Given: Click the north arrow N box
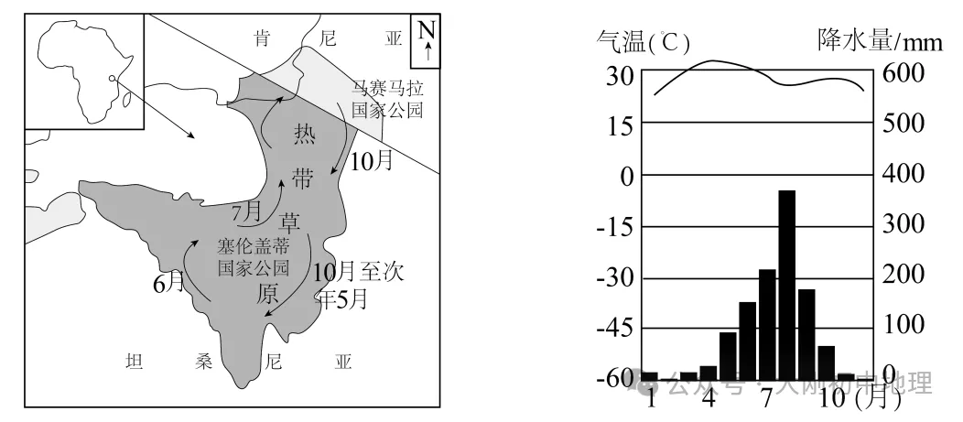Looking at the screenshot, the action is tap(426, 42).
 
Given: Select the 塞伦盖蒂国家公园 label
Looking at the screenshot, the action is tap(254, 257).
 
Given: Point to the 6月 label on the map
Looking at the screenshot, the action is tap(168, 283).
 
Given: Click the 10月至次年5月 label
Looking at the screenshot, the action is tap(356, 285).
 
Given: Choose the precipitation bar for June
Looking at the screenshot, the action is tap(748, 340).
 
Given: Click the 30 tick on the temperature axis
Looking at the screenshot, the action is tap(620, 74).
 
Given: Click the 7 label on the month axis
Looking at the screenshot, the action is tap(767, 400).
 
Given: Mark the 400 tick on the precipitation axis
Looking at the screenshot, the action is tap(903, 174).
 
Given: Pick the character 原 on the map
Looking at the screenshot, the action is tap(267, 293).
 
